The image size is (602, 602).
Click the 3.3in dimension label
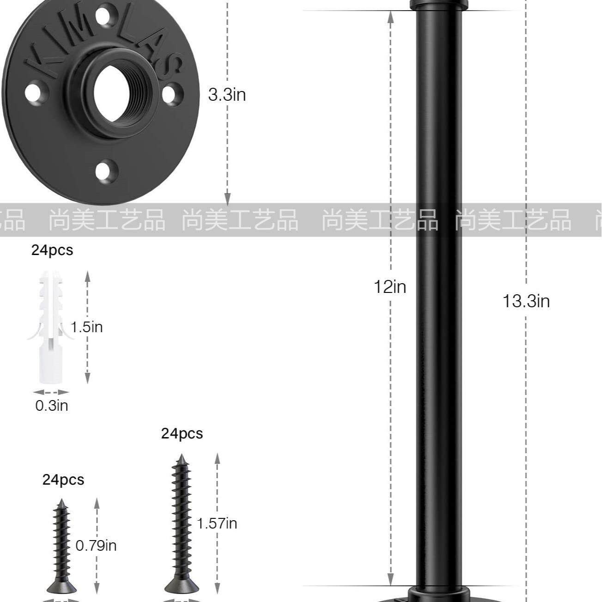point(227,95)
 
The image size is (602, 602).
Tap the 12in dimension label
point(390,286)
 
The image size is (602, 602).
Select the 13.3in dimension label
point(526,301)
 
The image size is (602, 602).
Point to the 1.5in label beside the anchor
point(86,327)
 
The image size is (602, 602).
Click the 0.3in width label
point(52,406)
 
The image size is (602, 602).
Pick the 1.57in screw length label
point(217,523)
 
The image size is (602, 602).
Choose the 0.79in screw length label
point(96,546)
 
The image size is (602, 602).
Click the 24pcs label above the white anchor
point(52,250)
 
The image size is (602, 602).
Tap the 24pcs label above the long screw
point(182,434)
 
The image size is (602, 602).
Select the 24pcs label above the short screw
point(63,480)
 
